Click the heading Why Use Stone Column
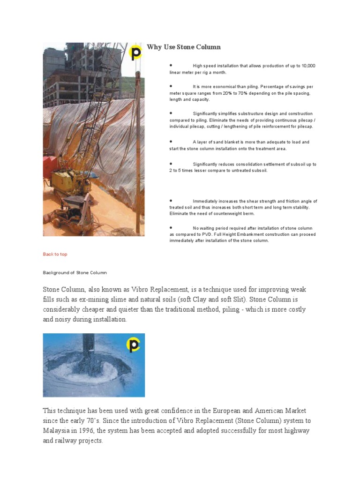point(184,47)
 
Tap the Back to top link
point(55,254)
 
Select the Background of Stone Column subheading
point(75,272)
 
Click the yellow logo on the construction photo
point(135,53)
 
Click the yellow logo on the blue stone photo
point(134,345)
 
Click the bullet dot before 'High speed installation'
point(172,65)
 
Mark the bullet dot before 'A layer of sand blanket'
point(172,141)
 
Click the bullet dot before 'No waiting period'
point(172,227)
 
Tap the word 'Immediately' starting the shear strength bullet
point(205,201)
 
